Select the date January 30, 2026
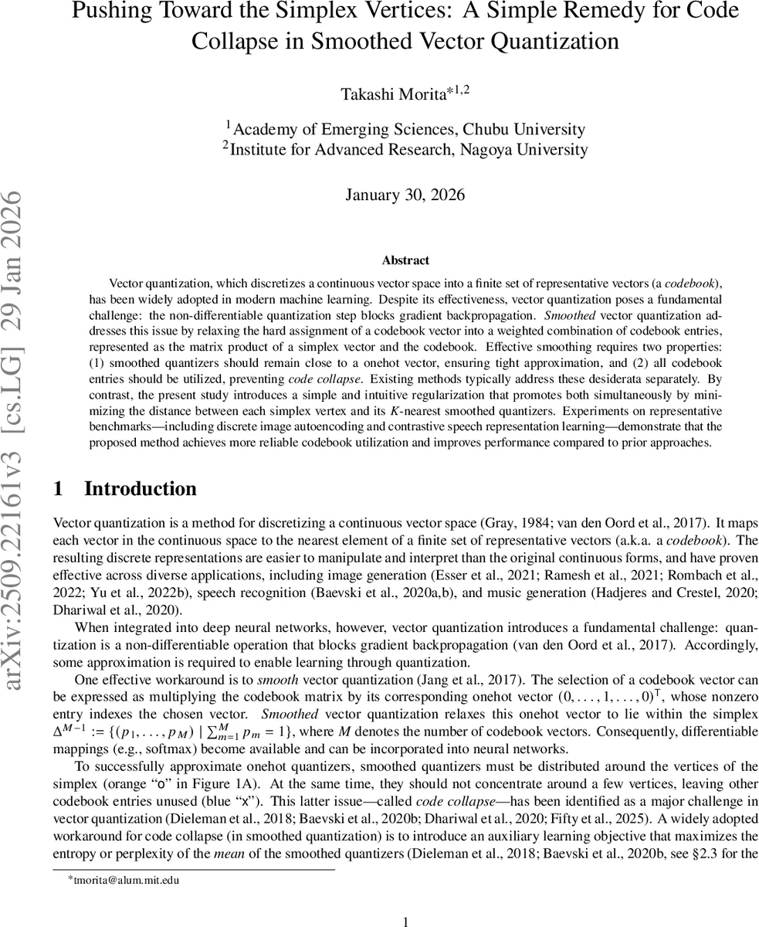(x=405, y=195)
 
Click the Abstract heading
(x=405, y=260)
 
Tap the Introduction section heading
(x=140, y=489)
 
